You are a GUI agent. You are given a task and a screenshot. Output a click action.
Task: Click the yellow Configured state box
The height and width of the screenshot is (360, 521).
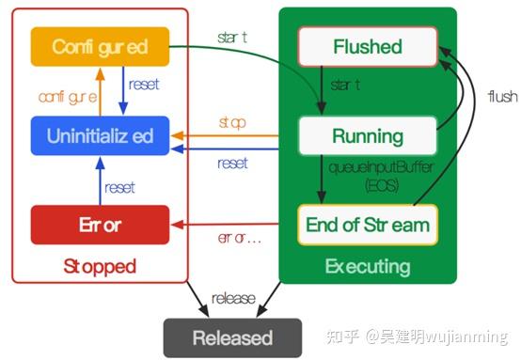(100, 45)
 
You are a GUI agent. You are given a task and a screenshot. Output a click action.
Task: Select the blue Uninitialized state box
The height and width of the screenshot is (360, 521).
(100, 135)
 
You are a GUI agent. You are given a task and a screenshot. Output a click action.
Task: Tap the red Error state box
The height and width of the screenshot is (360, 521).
(100, 226)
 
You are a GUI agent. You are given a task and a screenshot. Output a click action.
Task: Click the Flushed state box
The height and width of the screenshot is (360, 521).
(367, 46)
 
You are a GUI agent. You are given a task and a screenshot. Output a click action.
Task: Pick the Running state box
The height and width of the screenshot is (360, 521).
(367, 135)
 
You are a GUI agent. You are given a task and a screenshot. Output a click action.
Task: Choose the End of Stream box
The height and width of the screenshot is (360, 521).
(367, 225)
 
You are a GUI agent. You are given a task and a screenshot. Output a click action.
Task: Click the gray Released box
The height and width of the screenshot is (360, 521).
(232, 337)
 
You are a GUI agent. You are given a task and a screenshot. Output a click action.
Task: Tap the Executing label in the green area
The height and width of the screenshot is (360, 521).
(367, 267)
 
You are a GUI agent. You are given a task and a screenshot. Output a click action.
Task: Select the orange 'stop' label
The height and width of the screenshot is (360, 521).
(231, 122)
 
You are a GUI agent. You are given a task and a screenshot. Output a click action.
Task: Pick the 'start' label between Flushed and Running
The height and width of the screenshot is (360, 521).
(345, 86)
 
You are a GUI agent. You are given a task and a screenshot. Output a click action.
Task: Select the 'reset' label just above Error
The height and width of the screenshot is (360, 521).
(120, 187)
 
